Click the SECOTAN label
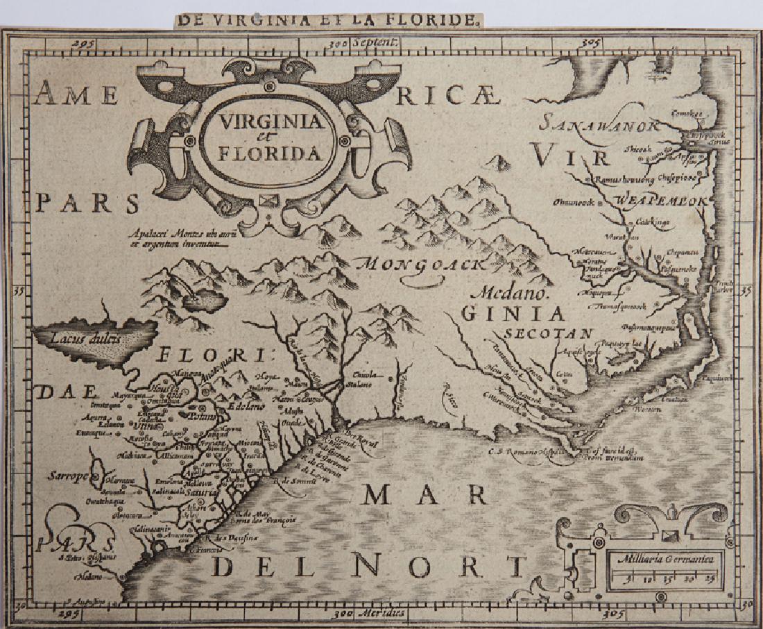pos(548,333)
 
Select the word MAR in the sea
pos(425,494)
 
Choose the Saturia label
pos(202,491)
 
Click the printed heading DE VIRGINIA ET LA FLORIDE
pos(327,19)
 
